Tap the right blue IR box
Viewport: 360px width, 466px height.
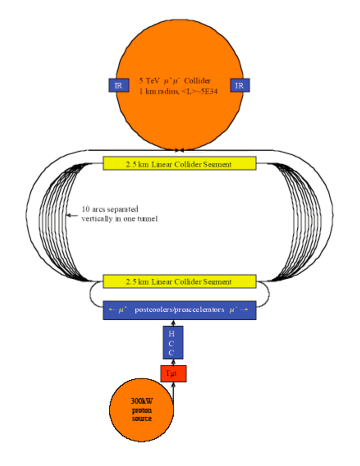239,85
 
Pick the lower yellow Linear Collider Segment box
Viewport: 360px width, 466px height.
180,281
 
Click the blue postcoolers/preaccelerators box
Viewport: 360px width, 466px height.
180,310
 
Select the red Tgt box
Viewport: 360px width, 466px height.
173,373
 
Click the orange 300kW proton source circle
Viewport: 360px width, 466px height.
141,410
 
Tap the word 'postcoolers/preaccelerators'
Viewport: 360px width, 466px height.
179,310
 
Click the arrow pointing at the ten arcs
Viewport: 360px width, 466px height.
71,215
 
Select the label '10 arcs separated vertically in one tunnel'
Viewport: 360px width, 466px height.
120,214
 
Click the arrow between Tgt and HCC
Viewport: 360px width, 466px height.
173,362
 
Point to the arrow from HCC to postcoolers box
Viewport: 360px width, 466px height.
173,323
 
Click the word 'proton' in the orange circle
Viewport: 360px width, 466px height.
141,411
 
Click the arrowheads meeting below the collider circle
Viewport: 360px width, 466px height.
180,150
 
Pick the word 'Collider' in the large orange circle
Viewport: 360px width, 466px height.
199,81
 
